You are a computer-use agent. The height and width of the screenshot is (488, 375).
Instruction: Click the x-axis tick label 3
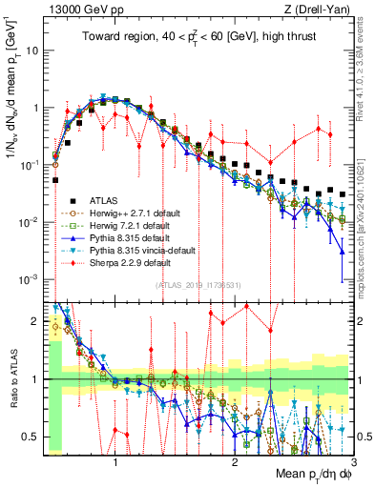pos(352,459)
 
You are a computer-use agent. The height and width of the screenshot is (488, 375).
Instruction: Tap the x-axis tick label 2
pos(234,459)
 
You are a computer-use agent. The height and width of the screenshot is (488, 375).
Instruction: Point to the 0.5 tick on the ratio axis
pos(34,437)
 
